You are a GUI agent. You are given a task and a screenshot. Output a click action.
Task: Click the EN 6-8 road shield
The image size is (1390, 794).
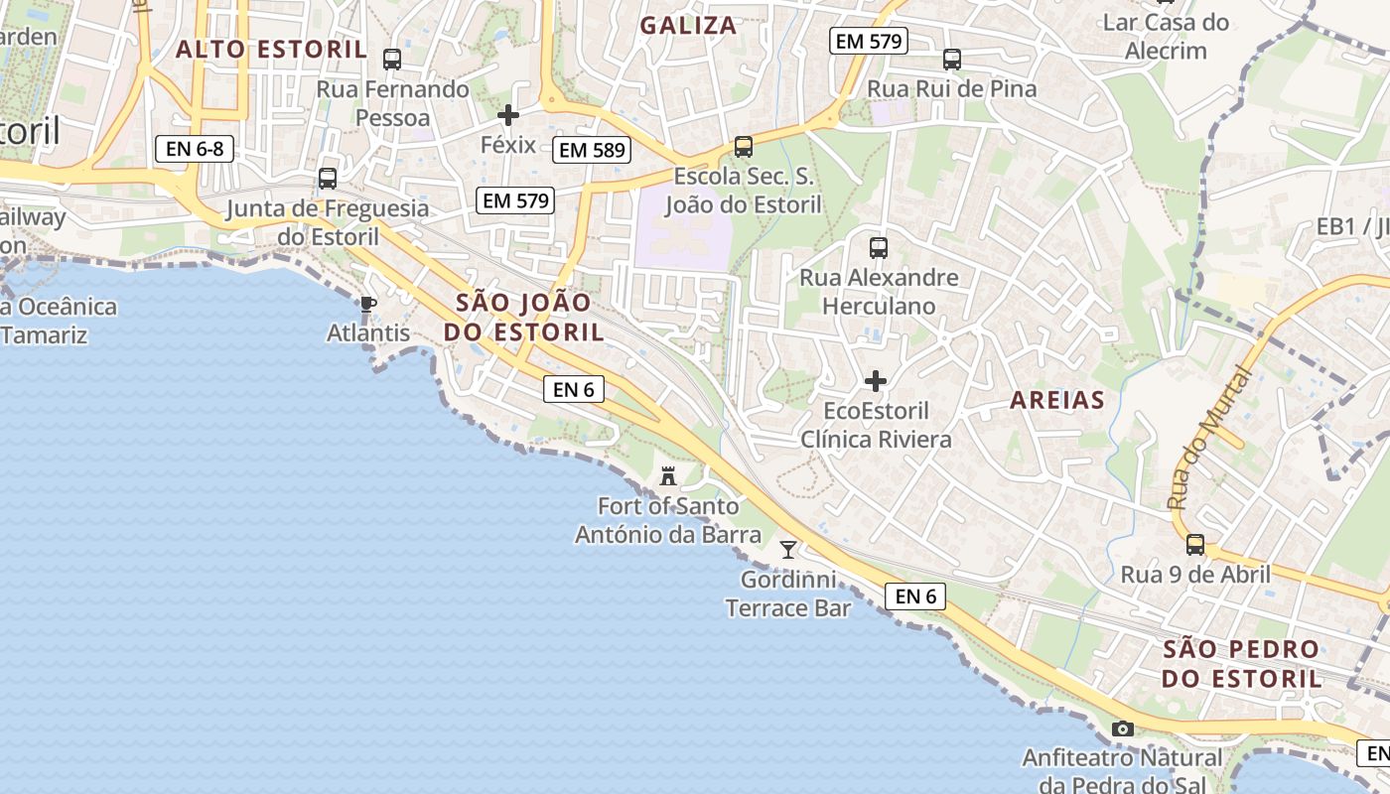coord(195,150)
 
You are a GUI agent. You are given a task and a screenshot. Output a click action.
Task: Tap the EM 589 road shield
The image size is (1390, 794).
coord(593,150)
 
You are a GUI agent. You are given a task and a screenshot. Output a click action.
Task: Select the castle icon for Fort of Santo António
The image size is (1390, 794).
coord(668,476)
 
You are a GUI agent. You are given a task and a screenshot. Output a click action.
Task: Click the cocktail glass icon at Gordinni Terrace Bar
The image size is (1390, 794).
coord(788,549)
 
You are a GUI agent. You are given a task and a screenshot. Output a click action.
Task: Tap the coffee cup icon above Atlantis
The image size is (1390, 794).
coord(368,305)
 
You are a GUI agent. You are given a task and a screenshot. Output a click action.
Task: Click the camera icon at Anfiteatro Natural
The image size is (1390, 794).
coord(1123,729)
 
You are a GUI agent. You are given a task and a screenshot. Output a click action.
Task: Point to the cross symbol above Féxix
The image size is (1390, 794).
coord(508,115)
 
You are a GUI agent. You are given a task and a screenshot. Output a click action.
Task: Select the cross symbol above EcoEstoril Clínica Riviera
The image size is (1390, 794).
coord(876,381)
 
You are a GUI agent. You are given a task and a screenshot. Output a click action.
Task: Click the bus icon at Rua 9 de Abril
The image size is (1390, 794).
coord(1195,545)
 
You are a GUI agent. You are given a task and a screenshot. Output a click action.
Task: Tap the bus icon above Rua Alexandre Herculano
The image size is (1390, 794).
coord(879,248)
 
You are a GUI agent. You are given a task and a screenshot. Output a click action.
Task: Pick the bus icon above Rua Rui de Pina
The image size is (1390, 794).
coord(952,60)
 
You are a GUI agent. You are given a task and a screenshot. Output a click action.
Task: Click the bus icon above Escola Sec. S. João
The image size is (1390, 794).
coord(744,147)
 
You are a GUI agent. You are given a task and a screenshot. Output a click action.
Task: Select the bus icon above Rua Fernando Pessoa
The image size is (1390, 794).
coord(392,60)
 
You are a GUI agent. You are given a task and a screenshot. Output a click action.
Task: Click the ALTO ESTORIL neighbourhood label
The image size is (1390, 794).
coord(271,50)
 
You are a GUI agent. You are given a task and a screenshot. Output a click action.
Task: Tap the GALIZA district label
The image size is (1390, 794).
coord(688,26)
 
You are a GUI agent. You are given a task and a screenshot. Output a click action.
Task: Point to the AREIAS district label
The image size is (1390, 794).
coord(1057,400)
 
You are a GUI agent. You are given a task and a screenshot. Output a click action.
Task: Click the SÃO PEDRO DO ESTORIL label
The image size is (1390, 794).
coord(1242,664)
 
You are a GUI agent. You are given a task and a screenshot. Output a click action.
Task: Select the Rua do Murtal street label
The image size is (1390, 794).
coord(1208,437)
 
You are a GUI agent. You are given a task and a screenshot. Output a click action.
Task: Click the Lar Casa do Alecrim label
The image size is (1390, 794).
coord(1166,37)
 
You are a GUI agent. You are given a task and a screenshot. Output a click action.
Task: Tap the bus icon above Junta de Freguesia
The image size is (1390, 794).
coord(328,179)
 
